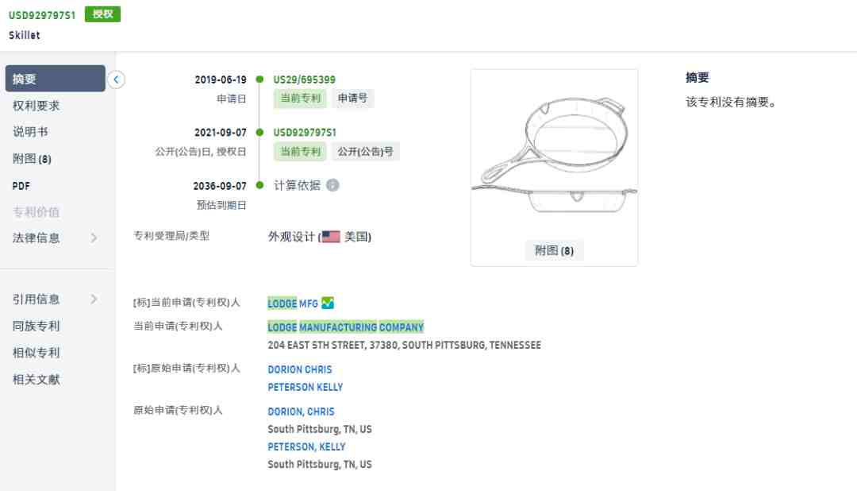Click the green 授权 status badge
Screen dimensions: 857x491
[102, 14]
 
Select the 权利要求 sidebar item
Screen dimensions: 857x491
[36, 106]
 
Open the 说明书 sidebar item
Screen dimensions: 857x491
[30, 132]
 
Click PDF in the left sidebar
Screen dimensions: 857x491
[21, 186]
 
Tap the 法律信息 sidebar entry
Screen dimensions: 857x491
[36, 238]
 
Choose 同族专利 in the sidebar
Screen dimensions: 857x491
[36, 327]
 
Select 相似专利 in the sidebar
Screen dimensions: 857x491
[36, 353]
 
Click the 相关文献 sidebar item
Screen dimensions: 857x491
[36, 380]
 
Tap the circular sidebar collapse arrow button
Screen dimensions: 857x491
[116, 79]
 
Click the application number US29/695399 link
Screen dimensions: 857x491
[305, 80]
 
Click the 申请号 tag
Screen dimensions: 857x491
[352, 99]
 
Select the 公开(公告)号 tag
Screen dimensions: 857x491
[365, 152]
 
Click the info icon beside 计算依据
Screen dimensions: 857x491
[332, 186]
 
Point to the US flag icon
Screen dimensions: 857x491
[331, 237]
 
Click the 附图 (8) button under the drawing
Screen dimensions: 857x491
[554, 251]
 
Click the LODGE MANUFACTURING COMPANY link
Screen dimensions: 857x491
[345, 327]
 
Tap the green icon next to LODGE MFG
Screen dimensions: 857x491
[328, 303]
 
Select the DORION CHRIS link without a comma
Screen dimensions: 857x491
[299, 369]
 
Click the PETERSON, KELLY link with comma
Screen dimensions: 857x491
[306, 447]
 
